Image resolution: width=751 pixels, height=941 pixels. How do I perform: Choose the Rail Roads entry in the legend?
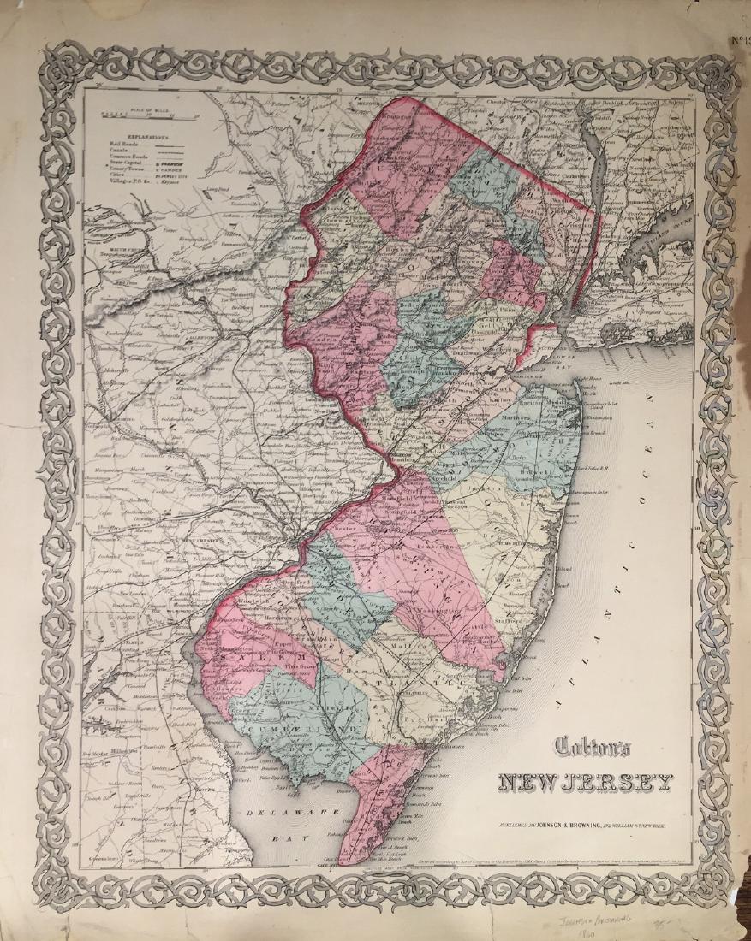coord(122,146)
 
